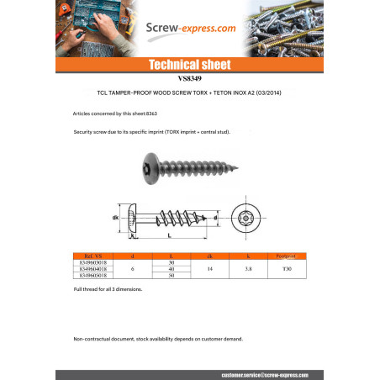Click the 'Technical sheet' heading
(189, 65)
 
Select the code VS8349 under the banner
(189, 77)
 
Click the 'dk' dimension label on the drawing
(116, 219)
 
